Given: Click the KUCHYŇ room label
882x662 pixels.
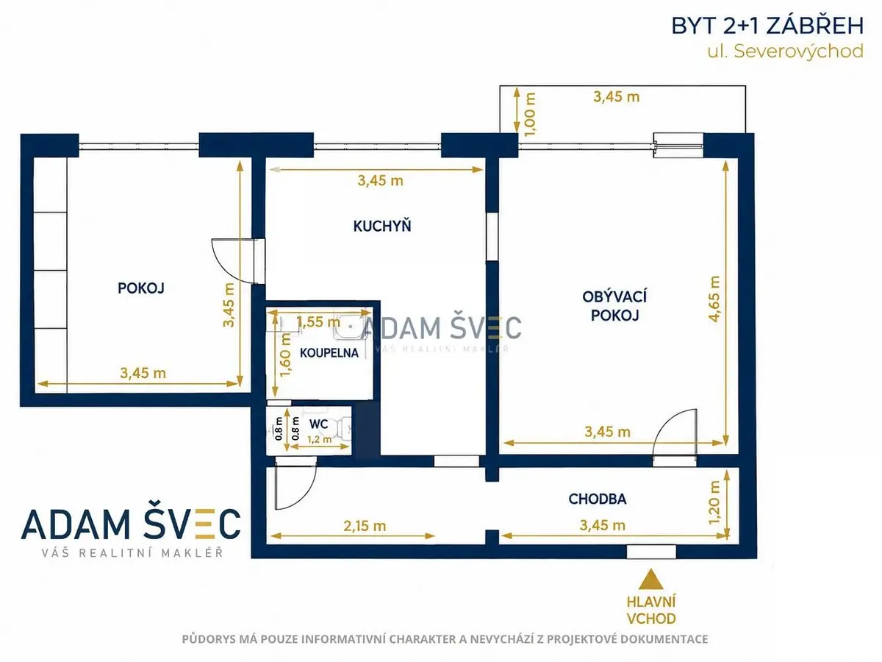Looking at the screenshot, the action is click(382, 227).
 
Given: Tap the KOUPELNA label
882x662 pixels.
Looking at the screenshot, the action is click(329, 353).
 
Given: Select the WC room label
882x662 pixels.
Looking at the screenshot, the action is click(319, 424).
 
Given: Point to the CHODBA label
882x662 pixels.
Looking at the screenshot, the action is click(597, 499).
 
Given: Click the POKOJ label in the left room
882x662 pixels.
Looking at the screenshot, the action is click(141, 288).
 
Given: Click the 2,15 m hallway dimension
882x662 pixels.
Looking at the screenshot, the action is click(365, 526).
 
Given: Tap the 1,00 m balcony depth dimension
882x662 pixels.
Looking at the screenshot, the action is click(531, 115).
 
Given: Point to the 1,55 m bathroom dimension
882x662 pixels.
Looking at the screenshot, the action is click(318, 322).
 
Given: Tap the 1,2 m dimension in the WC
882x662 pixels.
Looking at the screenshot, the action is click(320, 439).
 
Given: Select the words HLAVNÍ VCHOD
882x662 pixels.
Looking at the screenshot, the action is click(651, 611).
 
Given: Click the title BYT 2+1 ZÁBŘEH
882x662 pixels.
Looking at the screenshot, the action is click(767, 26).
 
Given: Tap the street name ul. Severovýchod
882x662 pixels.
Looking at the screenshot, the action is click(785, 51).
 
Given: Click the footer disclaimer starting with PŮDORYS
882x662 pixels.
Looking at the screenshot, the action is click(445, 639).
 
